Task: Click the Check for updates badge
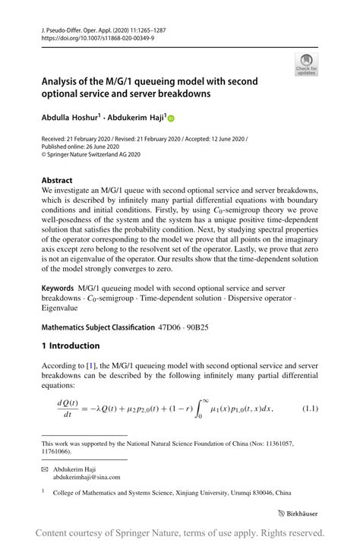coord(305,65)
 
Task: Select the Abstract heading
coord(57,181)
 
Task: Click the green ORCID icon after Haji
coord(172,118)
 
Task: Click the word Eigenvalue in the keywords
coord(63,309)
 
